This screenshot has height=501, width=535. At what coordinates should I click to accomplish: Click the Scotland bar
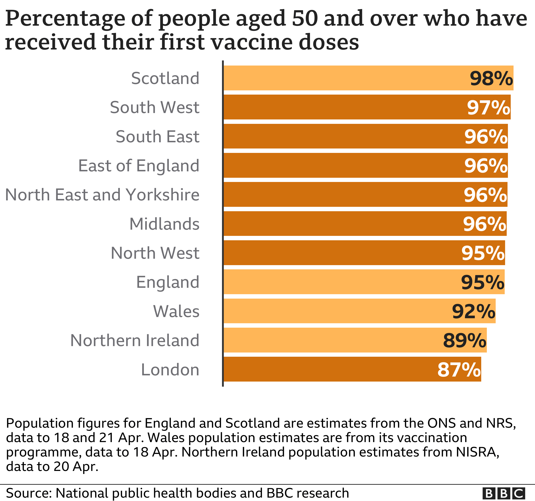coord(368,78)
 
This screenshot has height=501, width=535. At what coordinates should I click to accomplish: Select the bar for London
coord(352,369)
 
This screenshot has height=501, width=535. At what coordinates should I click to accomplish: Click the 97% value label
coord(488,107)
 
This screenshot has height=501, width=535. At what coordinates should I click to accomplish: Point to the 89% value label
coord(465,340)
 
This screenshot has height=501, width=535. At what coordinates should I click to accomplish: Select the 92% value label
coord(473,311)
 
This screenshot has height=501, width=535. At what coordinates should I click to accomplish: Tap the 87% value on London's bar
coord(459,369)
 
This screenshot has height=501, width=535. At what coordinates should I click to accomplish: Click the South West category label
coord(155,107)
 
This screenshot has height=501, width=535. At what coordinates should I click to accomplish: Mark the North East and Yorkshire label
coord(102,195)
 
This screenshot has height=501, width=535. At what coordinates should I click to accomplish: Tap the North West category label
coord(155,253)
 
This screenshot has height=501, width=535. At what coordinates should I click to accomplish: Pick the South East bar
coord(365,136)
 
